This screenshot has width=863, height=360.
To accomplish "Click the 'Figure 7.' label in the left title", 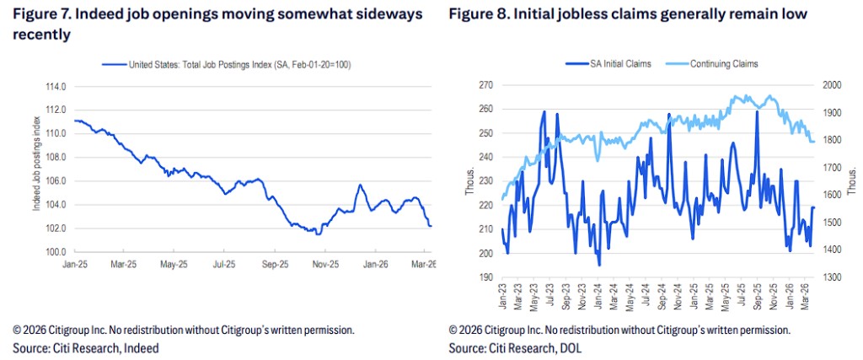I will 38,16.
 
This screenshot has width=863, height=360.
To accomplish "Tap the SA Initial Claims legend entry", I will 610,64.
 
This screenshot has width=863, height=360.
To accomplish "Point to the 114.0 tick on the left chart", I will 54,87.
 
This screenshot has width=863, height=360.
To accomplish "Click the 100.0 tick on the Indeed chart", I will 54,252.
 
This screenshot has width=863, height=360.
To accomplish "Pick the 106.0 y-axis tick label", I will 54,181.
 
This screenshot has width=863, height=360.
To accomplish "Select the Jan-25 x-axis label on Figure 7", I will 74,263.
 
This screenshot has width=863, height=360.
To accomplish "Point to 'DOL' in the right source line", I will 571,347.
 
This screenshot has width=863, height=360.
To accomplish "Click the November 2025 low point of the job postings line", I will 317,233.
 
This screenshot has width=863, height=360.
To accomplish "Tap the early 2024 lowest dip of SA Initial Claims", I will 599,265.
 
